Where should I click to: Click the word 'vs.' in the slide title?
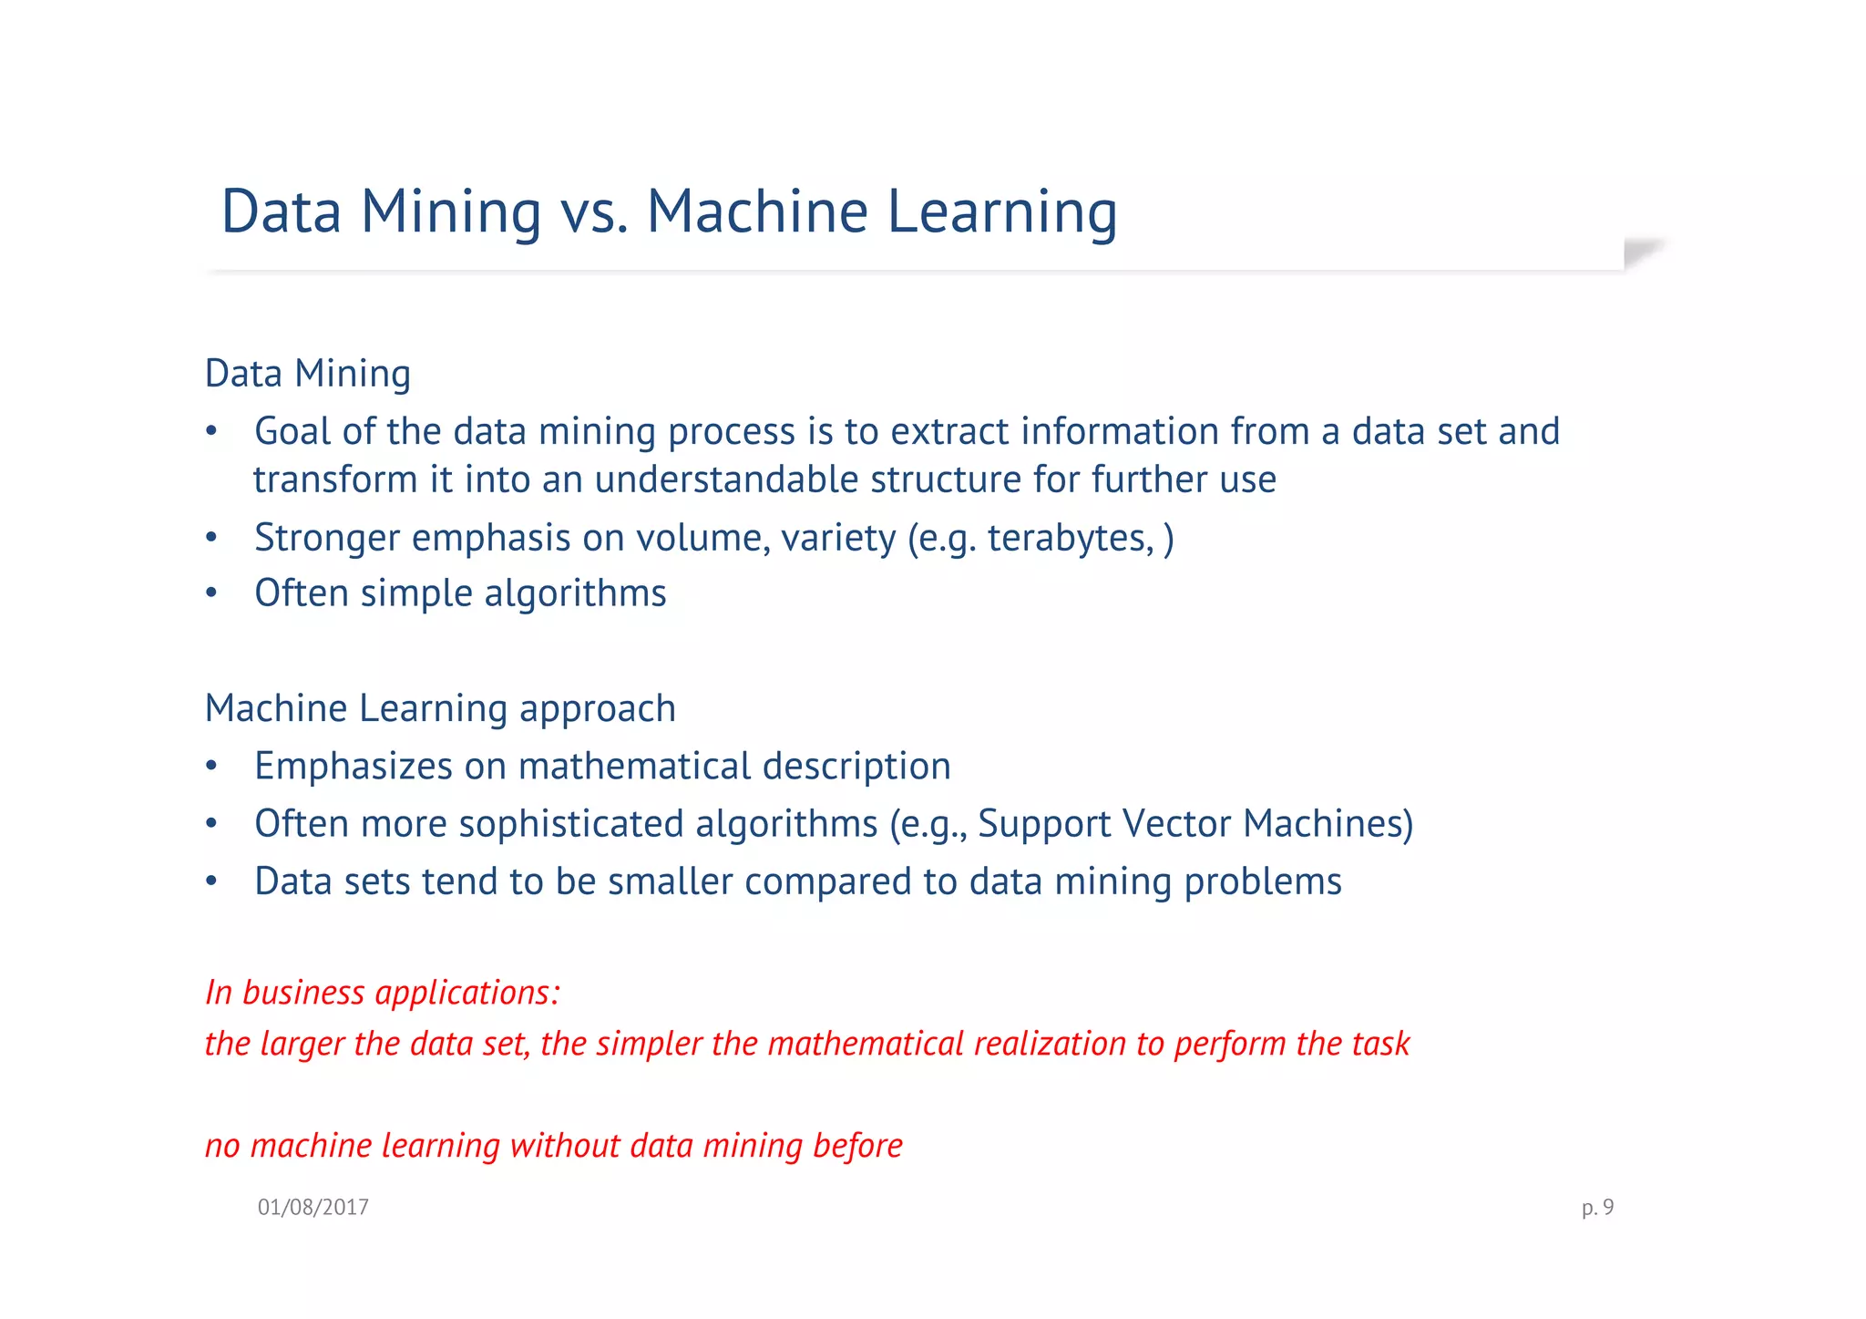594,211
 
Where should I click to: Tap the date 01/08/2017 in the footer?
313,1207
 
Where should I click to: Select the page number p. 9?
1597,1207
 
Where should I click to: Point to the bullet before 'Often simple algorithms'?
211,593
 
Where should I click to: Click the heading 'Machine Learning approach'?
440,708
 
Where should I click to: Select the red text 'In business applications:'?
383,992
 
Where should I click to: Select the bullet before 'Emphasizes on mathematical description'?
211,767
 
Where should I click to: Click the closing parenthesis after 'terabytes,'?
1169,538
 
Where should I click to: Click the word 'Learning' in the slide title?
1001,211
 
